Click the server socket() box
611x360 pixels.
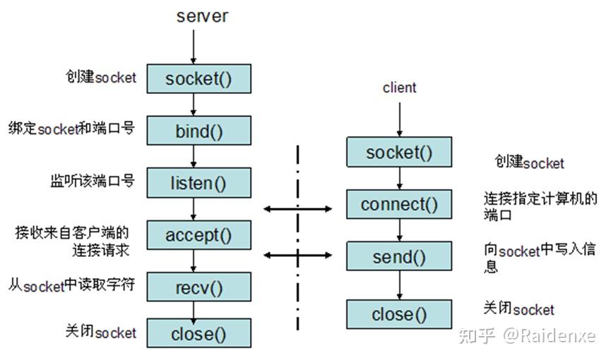(x=198, y=78)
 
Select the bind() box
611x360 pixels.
(x=198, y=131)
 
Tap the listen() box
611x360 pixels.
(x=198, y=183)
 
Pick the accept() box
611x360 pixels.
(x=198, y=235)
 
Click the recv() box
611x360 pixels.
(x=198, y=287)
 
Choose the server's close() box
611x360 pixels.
(x=198, y=333)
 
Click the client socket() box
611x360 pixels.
(x=399, y=152)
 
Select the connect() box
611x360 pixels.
(x=399, y=204)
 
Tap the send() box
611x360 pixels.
(x=399, y=256)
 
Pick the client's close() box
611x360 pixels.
(x=399, y=314)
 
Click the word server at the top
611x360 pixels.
(x=202, y=16)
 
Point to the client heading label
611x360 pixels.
(x=399, y=88)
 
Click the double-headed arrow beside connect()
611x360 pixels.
(x=297, y=209)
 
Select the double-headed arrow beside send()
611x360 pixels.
(x=297, y=256)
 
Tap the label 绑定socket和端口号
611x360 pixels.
(x=72, y=128)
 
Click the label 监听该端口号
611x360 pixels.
(x=93, y=181)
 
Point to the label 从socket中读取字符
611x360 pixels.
(x=72, y=285)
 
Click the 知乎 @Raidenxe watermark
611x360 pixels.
(x=527, y=336)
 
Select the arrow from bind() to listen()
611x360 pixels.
(x=194, y=157)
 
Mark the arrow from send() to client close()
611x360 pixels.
(x=399, y=285)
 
